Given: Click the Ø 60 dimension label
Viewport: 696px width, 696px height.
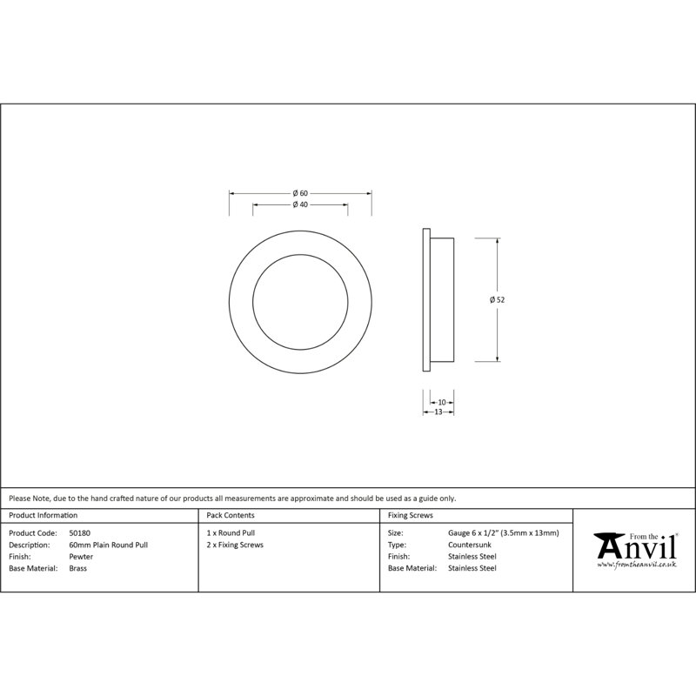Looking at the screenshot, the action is coord(300,193).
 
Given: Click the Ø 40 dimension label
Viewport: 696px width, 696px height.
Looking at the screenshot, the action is coord(300,204).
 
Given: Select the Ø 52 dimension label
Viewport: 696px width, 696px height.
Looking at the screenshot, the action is coord(497,299).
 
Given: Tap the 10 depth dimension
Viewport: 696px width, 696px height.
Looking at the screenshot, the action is coord(442,403).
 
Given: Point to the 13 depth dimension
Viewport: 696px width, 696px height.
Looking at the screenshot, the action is coord(438,412).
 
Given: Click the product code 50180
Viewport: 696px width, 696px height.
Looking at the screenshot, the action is coord(79,533).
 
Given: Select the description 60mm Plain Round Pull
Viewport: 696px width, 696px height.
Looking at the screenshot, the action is coord(108,545).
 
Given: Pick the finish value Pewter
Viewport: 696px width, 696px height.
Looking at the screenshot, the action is coord(81,557).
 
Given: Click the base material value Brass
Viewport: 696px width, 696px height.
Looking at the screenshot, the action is coord(77,568).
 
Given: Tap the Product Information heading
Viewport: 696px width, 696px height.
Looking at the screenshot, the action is coord(43,515).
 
